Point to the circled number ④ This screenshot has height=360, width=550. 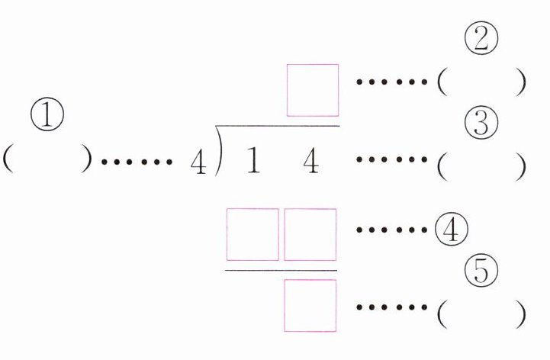(x=449, y=229)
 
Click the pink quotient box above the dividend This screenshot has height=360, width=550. (x=313, y=90)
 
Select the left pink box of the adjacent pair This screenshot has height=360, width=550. (x=253, y=235)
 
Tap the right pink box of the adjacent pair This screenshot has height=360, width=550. (x=310, y=235)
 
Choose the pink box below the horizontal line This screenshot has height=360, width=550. (x=310, y=305)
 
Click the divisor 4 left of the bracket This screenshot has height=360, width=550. (x=198, y=163)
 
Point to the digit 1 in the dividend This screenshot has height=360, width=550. (x=252, y=162)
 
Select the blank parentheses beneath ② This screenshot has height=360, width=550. (x=481, y=82)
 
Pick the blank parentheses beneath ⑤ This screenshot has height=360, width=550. (x=481, y=312)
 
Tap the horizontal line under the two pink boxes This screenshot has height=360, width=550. (x=281, y=269)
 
